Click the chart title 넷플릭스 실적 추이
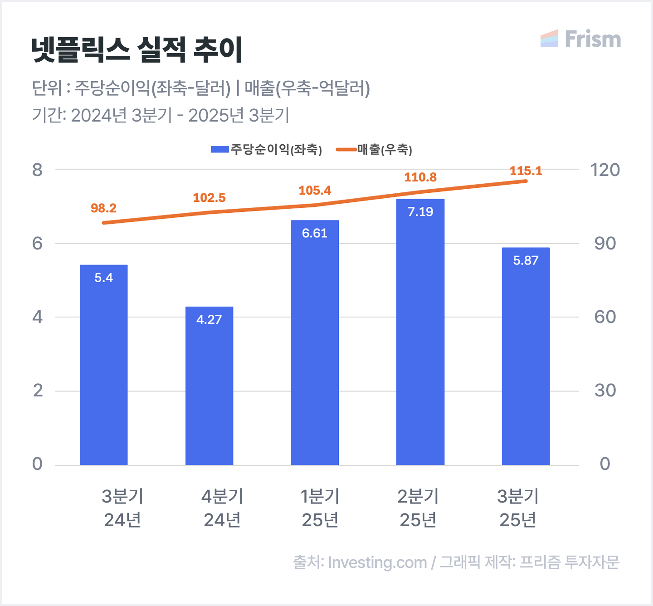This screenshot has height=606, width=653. pyautogui.click(x=137, y=49)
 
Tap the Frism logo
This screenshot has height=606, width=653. pyautogui.click(x=580, y=39)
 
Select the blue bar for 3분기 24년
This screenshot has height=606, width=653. pyautogui.click(x=103, y=365)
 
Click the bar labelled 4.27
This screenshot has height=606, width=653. pyautogui.click(x=209, y=386)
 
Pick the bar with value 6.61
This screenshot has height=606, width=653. pyautogui.click(x=315, y=342)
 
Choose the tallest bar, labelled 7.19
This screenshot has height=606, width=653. pyautogui.click(x=420, y=332)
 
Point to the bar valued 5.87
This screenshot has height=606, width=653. pyautogui.click(x=526, y=356)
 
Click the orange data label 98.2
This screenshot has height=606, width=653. pyautogui.click(x=103, y=208)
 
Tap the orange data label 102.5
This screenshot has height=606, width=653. pyautogui.click(x=209, y=198)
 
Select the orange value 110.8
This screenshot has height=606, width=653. pyautogui.click(x=420, y=177)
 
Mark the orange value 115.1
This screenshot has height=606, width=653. pyautogui.click(x=526, y=171)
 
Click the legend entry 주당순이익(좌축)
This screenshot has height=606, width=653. pyautogui.click(x=267, y=149)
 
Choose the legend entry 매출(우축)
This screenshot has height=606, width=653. pyautogui.click(x=375, y=149)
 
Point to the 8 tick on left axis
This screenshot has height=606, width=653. pyautogui.click(x=37, y=170)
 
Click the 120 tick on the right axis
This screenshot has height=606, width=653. pyautogui.click(x=605, y=170)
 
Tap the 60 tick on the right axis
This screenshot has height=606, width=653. pyautogui.click(x=605, y=317)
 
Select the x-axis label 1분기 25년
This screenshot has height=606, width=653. pyautogui.click(x=320, y=508)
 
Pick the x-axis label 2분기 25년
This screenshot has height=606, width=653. pyautogui.click(x=418, y=508)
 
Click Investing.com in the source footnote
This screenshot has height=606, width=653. pyautogui.click(x=377, y=562)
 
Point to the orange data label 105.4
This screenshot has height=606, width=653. pyautogui.click(x=315, y=191)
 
